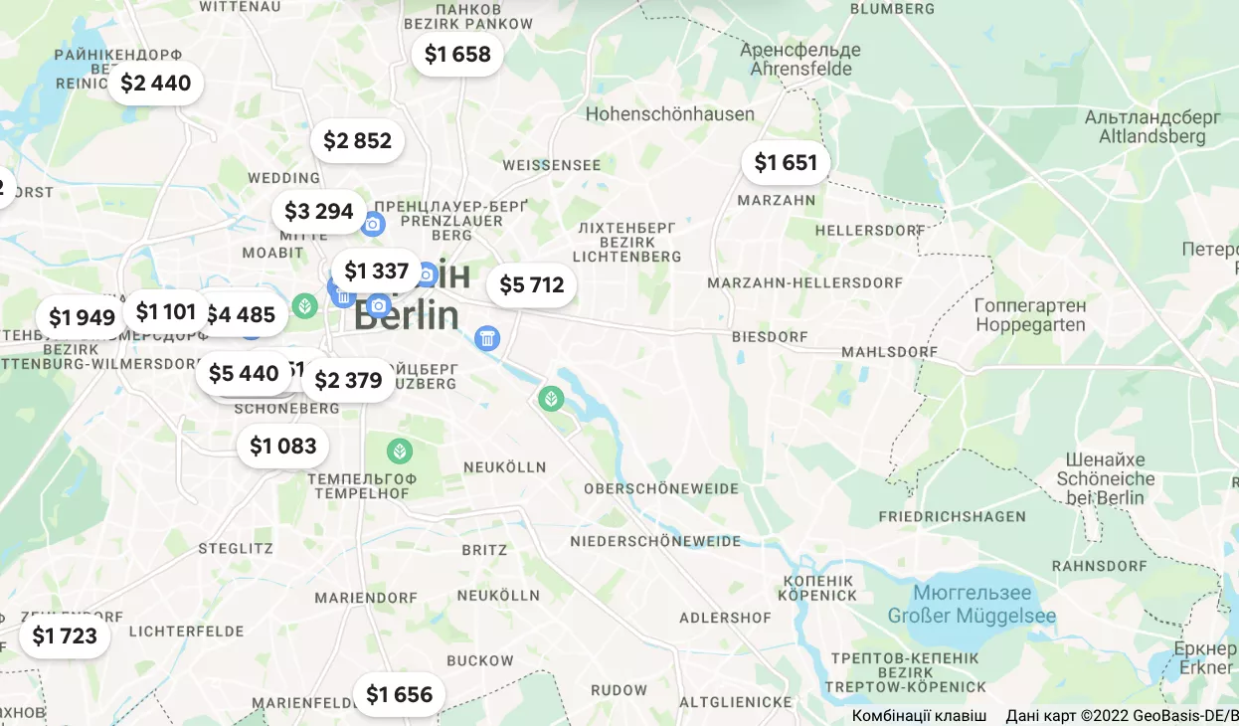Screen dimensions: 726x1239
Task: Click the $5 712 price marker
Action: (x=531, y=285)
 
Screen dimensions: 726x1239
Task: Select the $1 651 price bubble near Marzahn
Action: (x=786, y=163)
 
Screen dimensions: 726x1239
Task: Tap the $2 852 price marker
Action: (x=358, y=141)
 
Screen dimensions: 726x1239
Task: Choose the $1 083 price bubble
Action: (x=282, y=447)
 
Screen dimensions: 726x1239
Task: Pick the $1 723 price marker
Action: (x=65, y=635)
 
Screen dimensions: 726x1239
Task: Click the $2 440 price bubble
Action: (x=155, y=84)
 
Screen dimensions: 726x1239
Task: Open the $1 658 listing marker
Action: (x=457, y=55)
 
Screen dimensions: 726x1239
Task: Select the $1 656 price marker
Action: (x=399, y=694)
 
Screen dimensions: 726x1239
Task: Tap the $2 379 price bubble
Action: (x=348, y=380)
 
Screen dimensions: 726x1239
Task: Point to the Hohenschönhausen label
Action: (x=669, y=114)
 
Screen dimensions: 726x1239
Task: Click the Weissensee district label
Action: (x=552, y=165)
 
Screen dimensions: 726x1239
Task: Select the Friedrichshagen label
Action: (x=952, y=517)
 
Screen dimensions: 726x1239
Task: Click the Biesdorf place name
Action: (x=770, y=337)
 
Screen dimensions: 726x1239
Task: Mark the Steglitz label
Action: (x=235, y=548)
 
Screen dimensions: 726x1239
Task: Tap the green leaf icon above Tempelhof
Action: (x=400, y=452)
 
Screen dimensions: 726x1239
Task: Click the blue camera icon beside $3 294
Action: (x=373, y=225)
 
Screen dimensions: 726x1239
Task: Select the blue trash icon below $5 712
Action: (x=487, y=339)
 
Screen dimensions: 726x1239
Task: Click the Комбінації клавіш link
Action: (x=919, y=716)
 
